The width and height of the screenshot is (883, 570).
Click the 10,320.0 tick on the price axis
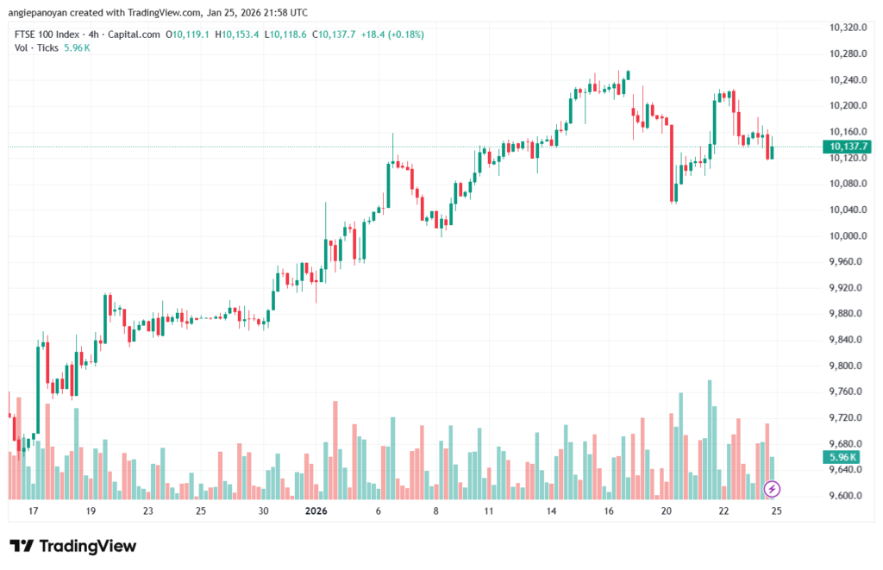pyautogui.click(x=846, y=28)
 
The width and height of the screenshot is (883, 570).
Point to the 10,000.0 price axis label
pyautogui.click(x=846, y=235)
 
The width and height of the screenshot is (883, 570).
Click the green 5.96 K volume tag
pyautogui.click(x=841, y=457)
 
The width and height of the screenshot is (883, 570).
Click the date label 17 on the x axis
pyautogui.click(x=33, y=511)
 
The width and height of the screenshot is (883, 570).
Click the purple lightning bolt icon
pyautogui.click(x=773, y=489)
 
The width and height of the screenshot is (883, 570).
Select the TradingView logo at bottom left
pyautogui.click(x=73, y=546)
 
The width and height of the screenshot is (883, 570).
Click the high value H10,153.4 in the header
pyautogui.click(x=237, y=34)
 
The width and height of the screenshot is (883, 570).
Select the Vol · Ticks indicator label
pyautogui.click(x=37, y=47)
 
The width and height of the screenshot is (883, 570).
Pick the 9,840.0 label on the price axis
pyautogui.click(x=846, y=340)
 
